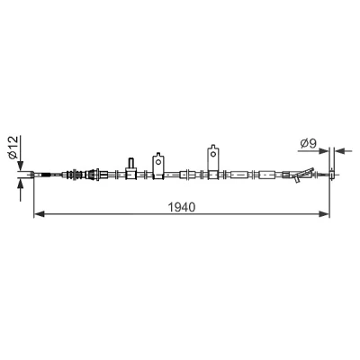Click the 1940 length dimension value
pyautogui.click(x=182, y=207)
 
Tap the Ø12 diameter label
pyautogui.click(x=14, y=148)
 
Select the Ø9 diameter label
pyautogui.click(x=309, y=144)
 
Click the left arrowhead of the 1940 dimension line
pyautogui.click(x=40, y=214)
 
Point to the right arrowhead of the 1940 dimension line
pyautogui.click(x=324, y=214)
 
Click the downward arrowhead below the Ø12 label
pyautogui.click(x=21, y=166)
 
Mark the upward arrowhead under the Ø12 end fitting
pyautogui.click(x=21, y=184)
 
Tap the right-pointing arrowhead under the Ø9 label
pyautogui.click(x=323, y=151)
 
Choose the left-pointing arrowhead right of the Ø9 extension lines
pyautogui.click(x=339, y=151)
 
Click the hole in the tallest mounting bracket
pyautogui.click(x=213, y=154)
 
